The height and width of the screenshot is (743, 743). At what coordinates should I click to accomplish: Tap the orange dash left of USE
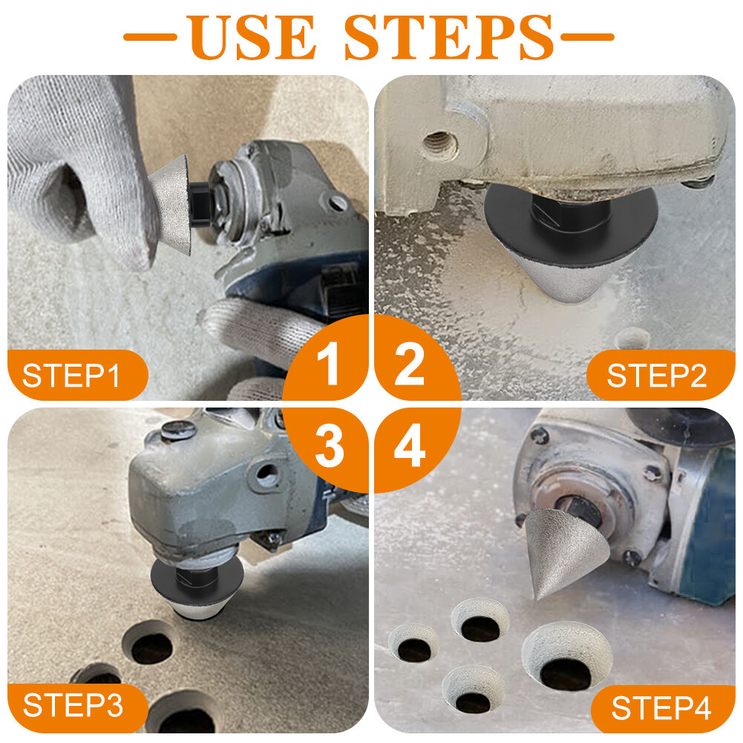point(149,36)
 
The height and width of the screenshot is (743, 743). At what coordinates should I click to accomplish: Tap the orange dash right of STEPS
point(587,36)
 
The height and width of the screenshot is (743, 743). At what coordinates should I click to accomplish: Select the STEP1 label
point(71,376)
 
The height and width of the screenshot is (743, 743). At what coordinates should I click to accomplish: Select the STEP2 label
point(656,376)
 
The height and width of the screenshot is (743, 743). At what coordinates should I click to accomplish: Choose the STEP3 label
point(73,704)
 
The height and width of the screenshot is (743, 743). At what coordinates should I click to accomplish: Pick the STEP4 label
point(661,708)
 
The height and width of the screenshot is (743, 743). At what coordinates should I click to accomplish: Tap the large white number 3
point(330,447)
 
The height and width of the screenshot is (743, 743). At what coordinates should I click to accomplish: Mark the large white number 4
point(410,447)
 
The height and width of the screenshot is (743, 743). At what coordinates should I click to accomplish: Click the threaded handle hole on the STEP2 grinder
point(437,142)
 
